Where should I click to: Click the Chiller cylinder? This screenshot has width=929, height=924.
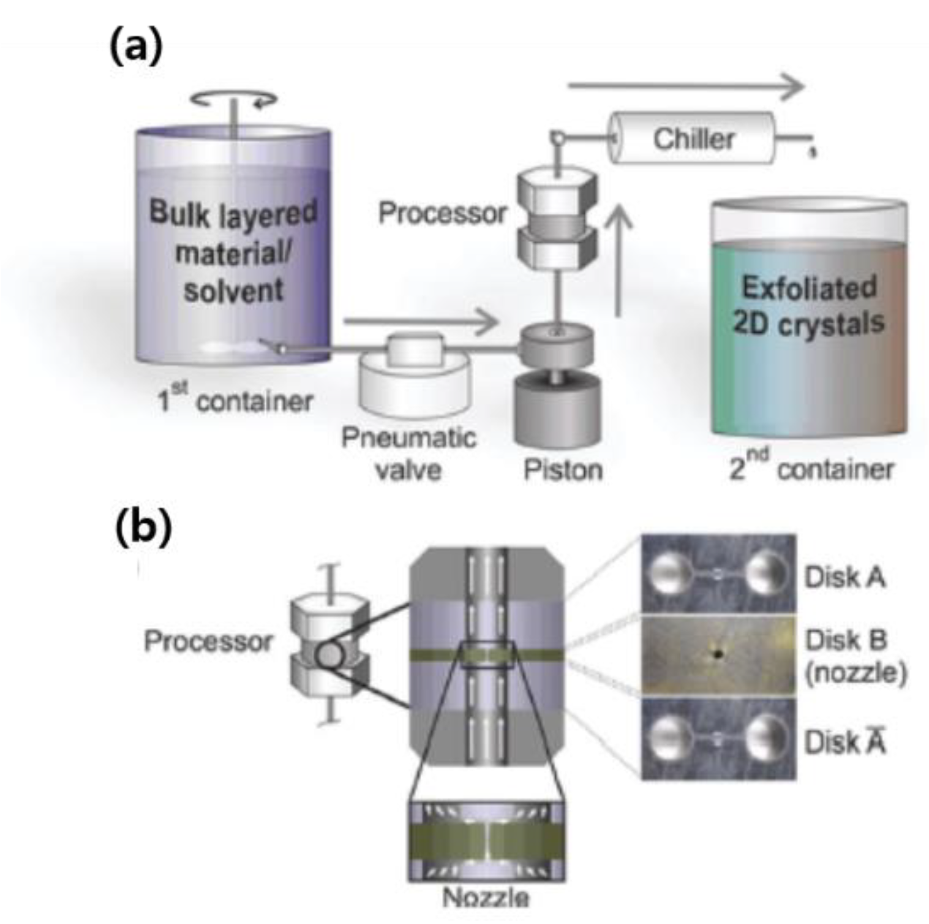click(693, 138)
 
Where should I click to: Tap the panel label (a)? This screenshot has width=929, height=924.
click(136, 47)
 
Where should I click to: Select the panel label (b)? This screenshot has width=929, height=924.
click(143, 526)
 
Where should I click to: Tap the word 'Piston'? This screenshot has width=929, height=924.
click(563, 470)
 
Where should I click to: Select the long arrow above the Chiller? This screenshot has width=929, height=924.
click(686, 86)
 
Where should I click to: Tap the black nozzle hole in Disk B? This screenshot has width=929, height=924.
click(718, 654)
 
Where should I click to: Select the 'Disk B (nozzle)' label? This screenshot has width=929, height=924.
click(855, 656)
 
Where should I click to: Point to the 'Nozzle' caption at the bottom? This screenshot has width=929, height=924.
click(486, 898)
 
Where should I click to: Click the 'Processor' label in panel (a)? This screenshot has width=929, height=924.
click(442, 213)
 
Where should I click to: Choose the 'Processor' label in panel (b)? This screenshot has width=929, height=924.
click(208, 642)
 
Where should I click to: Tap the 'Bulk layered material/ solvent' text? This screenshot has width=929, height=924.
click(233, 251)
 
